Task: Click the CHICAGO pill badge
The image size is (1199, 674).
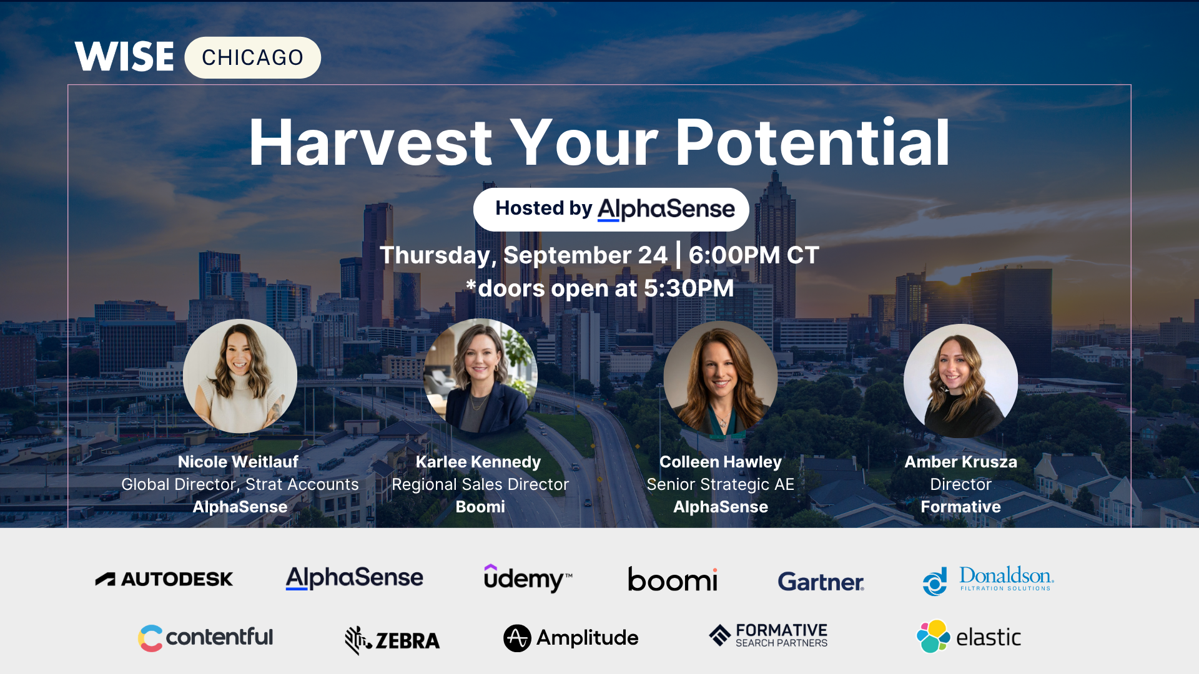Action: (252, 57)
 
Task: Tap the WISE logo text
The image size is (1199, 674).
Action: (124, 57)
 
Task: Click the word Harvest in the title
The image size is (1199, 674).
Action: (371, 143)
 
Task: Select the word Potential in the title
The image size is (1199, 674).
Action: (812, 143)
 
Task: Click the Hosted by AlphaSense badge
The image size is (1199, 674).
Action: (611, 209)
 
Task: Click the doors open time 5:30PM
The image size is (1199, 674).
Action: (689, 288)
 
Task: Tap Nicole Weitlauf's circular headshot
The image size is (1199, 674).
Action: (240, 376)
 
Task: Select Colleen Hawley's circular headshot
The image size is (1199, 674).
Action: (721, 378)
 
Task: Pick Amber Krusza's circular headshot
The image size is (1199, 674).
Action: (960, 381)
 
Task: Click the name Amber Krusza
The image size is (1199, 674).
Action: (960, 462)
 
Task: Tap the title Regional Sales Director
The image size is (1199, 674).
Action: (480, 484)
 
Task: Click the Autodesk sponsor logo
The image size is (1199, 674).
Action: (164, 579)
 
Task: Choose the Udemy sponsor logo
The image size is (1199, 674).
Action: (528, 578)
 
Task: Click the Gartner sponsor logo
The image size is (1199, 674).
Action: (821, 582)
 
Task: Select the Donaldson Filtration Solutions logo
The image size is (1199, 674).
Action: (988, 580)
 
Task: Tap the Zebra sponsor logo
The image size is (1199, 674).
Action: (392, 640)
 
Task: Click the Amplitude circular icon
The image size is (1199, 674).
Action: (517, 638)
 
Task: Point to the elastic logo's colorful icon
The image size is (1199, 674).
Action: (933, 636)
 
